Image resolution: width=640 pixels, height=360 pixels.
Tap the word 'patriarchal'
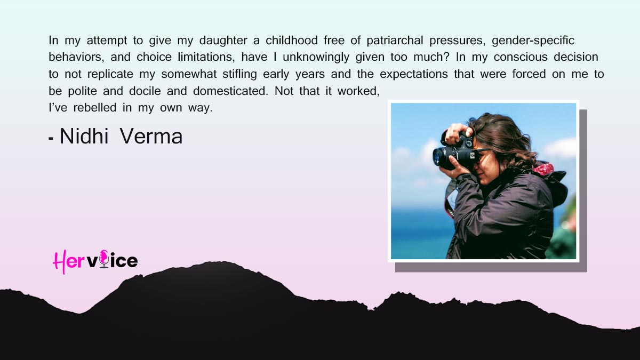(x=395, y=41)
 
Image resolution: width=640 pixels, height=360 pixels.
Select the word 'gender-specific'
(x=533, y=41)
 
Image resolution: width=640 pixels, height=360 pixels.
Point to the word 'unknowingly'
(x=316, y=58)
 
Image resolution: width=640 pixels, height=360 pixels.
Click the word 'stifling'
(x=239, y=75)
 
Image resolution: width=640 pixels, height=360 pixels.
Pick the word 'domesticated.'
(x=230, y=91)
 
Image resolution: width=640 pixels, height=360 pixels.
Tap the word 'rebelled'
(x=94, y=108)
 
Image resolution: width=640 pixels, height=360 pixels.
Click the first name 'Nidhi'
(x=84, y=137)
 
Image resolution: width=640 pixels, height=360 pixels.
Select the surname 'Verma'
(x=151, y=137)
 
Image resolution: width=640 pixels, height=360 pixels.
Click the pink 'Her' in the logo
(x=69, y=261)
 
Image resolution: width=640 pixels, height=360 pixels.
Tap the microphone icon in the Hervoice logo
(x=104, y=259)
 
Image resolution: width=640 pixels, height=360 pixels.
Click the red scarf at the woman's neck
(x=543, y=169)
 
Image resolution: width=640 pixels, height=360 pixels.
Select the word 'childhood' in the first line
(x=291, y=41)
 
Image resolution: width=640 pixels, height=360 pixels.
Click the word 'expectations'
(x=413, y=75)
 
